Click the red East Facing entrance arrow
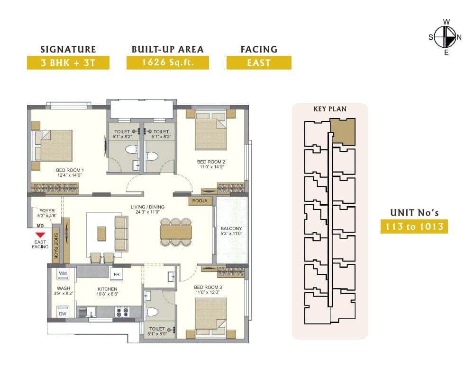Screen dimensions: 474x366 point(40,235)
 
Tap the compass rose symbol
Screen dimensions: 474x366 point(446,37)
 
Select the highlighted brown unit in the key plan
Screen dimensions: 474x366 point(343,131)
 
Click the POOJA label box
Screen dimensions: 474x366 point(200,201)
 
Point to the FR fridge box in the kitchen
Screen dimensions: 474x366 point(117,274)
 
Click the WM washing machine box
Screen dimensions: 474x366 point(63,273)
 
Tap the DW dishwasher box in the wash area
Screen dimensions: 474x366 point(63,312)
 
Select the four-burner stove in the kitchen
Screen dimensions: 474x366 point(122,312)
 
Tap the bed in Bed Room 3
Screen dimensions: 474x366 point(211,317)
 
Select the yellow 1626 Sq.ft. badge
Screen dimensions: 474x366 point(168,63)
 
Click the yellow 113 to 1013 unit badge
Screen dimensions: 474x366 point(414,227)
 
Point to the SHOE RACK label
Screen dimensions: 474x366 point(56,245)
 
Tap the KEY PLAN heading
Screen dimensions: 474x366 point(330,109)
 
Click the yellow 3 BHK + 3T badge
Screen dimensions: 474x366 point(68,63)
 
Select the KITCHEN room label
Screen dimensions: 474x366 point(107,289)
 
